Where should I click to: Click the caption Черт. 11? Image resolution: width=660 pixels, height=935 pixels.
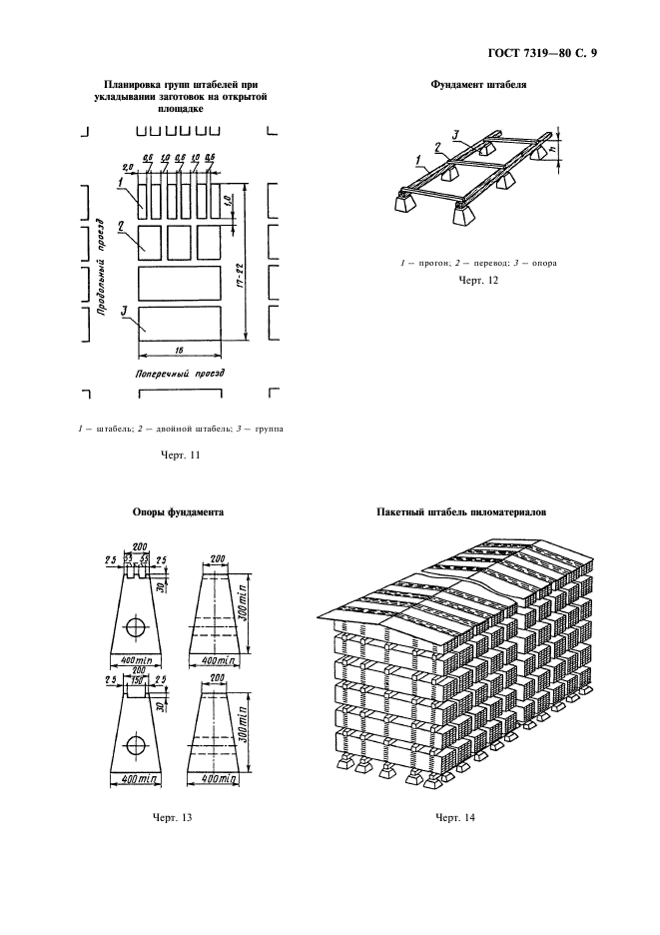tap(181, 457)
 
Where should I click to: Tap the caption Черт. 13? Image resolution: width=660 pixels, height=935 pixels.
tap(171, 817)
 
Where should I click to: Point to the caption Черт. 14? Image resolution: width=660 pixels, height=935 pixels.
tap(454, 817)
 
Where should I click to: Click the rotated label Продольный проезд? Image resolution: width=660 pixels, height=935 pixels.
tap(102, 266)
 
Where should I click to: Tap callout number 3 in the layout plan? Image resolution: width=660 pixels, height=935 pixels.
tap(123, 314)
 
